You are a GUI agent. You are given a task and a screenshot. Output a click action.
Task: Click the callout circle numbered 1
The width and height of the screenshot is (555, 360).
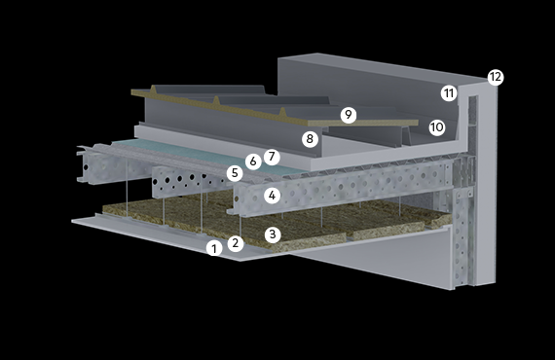pyautogui.click(x=214, y=249)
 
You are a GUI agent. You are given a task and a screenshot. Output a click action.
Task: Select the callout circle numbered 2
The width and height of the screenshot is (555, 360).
pyautogui.click(x=236, y=243)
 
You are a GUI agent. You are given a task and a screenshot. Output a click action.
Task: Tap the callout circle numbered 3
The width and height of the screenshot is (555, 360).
pyautogui.click(x=273, y=234)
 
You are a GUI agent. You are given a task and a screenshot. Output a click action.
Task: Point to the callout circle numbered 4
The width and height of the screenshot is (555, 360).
pyautogui.click(x=272, y=196)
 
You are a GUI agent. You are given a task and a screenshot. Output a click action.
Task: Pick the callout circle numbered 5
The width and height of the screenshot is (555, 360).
pyautogui.click(x=235, y=173)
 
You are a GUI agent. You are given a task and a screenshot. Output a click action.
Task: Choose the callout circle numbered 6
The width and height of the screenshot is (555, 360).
pyautogui.click(x=253, y=162)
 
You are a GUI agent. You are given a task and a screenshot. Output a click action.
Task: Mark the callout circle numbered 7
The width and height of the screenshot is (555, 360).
pyautogui.click(x=272, y=157)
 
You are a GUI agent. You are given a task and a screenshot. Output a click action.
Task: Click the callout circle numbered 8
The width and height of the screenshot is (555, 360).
pyautogui.click(x=310, y=139)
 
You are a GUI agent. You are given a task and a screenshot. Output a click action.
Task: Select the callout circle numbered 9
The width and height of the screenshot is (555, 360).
pyautogui.click(x=349, y=115)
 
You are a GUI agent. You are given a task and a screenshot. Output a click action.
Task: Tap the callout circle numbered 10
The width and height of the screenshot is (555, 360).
pyautogui.click(x=437, y=127)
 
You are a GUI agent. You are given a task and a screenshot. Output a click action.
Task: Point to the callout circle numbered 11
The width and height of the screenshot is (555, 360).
pyautogui.click(x=449, y=93)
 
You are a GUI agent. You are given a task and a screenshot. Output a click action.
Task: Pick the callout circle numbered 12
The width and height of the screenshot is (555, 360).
pyautogui.click(x=496, y=77)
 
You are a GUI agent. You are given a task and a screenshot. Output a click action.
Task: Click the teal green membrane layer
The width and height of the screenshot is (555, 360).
pyautogui.click(x=199, y=155)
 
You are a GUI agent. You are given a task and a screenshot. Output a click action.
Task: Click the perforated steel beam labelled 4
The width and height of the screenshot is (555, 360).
pyautogui.click(x=340, y=188)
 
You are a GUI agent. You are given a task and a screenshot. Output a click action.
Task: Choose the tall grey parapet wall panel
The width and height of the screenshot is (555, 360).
pyautogui.click(x=368, y=91)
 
